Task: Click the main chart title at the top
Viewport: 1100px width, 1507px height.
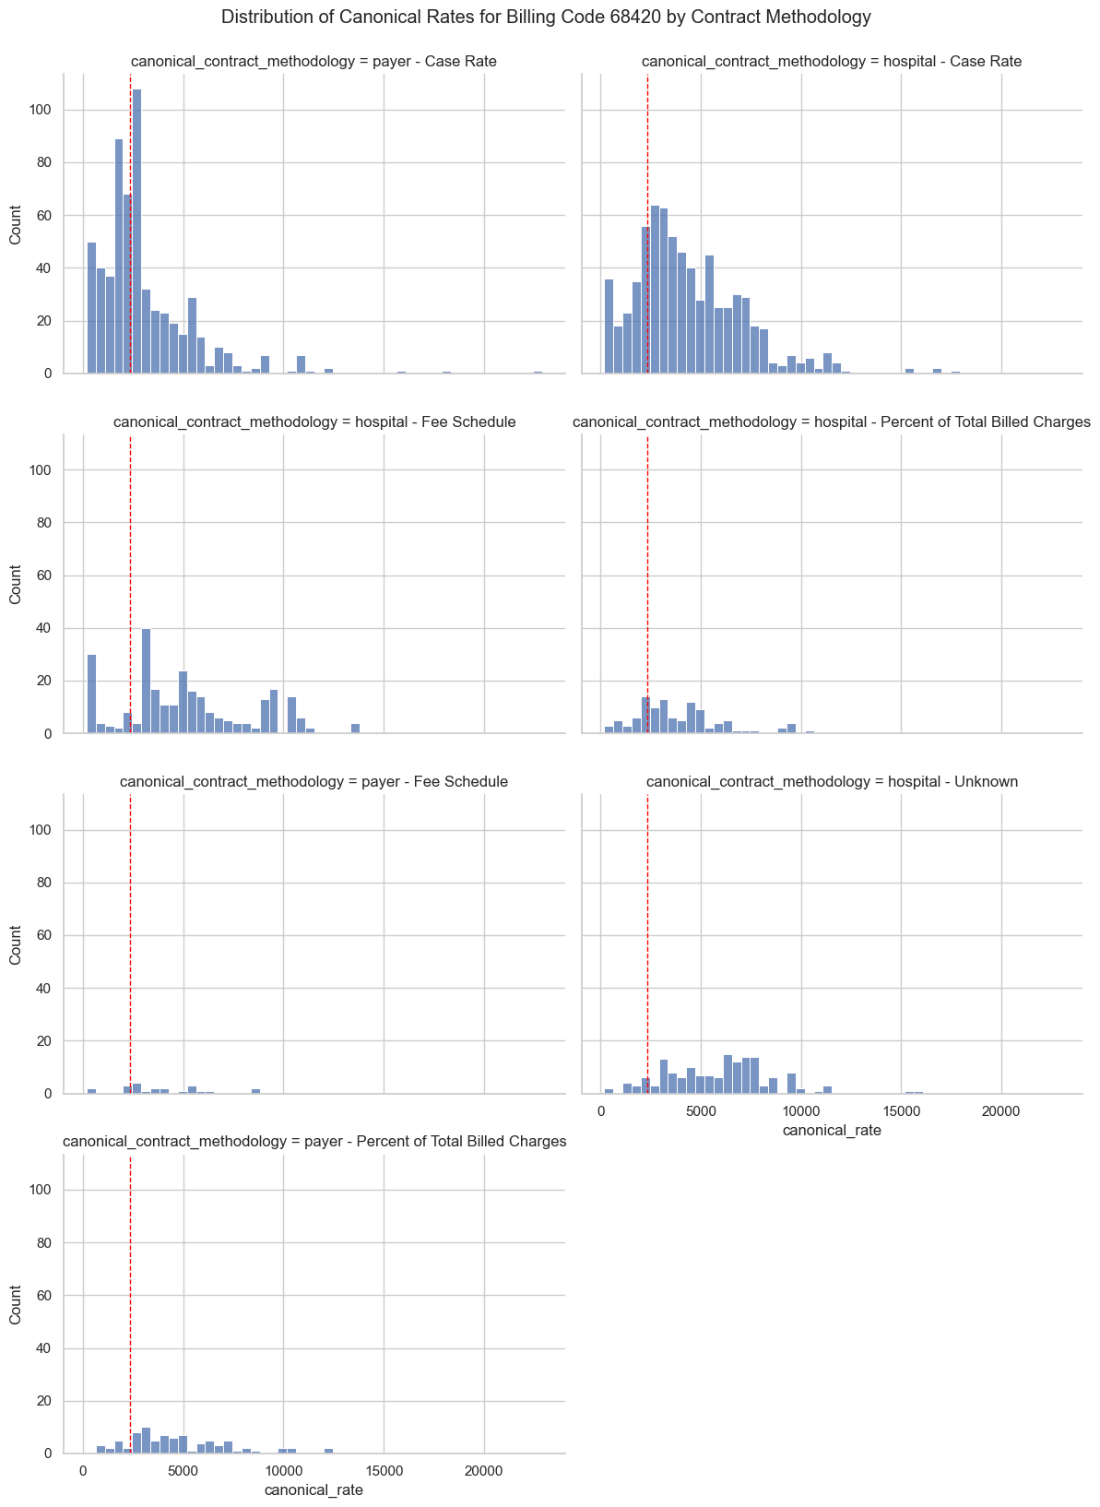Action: (x=546, y=17)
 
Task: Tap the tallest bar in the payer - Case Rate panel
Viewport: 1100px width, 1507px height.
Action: (x=136, y=231)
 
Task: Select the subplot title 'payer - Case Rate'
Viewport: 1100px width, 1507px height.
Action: (x=313, y=62)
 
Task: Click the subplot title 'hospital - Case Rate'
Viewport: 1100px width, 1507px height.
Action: (x=831, y=62)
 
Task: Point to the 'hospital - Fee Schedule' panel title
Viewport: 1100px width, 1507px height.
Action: (x=313, y=421)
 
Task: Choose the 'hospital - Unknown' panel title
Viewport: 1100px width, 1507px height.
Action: (x=832, y=781)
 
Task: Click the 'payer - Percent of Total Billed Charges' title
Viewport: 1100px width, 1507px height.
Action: (x=314, y=1141)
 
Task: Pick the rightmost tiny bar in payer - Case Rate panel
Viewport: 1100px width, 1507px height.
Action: (x=538, y=372)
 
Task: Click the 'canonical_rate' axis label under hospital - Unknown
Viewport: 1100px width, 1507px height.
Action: (x=832, y=1130)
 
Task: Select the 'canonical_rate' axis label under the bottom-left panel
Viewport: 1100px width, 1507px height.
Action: (x=313, y=1489)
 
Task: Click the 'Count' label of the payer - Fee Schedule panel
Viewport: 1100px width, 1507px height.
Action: (x=16, y=943)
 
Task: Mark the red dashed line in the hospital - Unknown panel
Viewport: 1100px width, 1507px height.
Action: (x=647, y=922)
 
